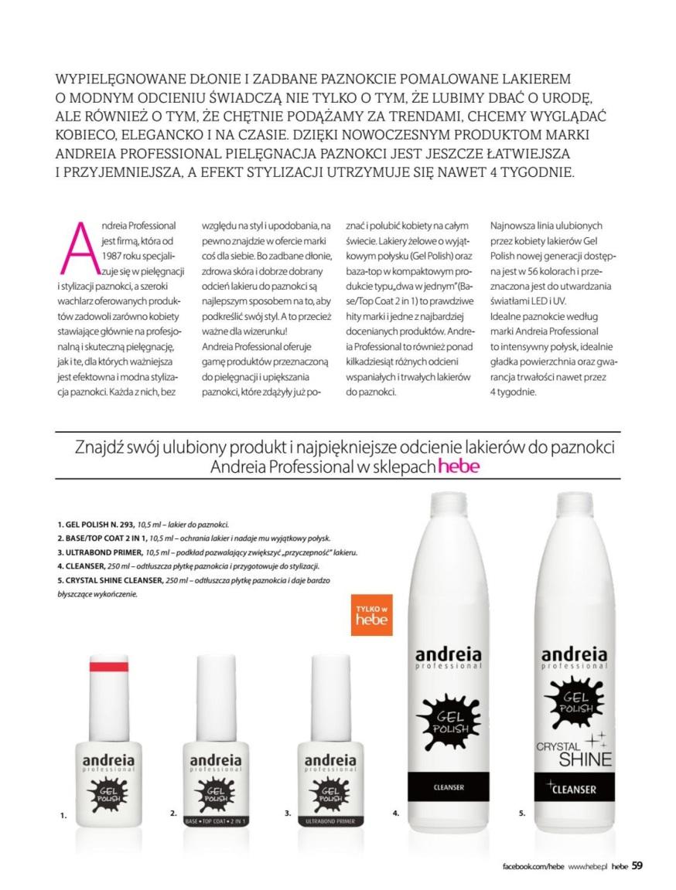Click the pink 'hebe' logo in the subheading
[x=459, y=467]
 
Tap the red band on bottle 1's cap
[x=111, y=665]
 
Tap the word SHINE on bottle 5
[x=585, y=759]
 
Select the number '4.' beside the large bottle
[x=396, y=813]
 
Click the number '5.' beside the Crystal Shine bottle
[x=523, y=813]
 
